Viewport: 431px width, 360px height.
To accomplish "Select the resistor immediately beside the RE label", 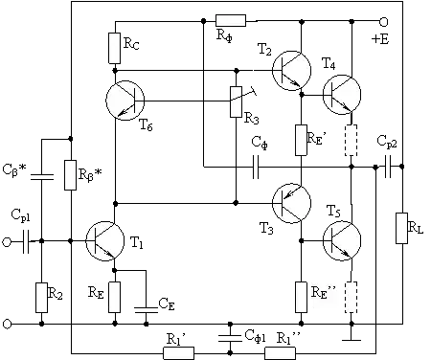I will click(115, 296).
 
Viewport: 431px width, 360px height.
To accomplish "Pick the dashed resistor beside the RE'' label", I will click(352, 297).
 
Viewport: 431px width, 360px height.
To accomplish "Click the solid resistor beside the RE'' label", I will click(299, 297).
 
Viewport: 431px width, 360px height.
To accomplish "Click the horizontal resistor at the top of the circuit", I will click(230, 21).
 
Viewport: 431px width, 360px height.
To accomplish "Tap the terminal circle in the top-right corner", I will click(384, 22).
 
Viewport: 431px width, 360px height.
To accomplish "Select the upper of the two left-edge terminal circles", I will click(7, 243).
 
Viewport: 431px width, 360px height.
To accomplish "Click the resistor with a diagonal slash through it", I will click(237, 103).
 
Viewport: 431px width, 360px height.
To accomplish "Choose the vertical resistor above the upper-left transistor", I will click(115, 48).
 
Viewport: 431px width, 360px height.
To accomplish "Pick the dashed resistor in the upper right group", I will click(352, 140).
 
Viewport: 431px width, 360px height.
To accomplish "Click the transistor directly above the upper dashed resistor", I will click(341, 94).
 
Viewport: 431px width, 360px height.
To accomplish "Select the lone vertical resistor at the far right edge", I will click(400, 227).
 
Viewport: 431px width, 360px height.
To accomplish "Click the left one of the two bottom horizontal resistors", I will click(179, 351).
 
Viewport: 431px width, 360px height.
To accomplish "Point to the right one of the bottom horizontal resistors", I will click(279, 351).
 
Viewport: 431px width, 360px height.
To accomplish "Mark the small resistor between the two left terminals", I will click(41, 297).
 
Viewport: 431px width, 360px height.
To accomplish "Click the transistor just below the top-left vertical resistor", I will click(125, 100).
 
